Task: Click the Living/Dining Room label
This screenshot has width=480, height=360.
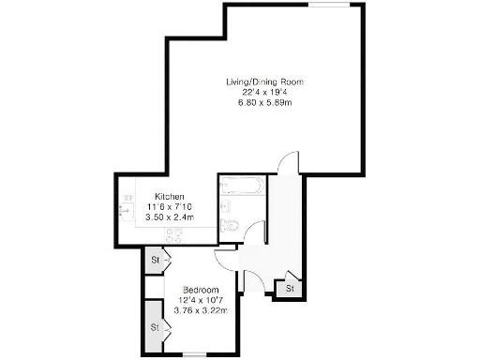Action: (264, 82)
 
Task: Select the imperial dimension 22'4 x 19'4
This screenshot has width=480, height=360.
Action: (264, 92)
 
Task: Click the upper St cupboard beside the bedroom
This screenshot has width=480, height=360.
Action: (157, 260)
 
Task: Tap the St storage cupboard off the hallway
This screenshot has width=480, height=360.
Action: (291, 287)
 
